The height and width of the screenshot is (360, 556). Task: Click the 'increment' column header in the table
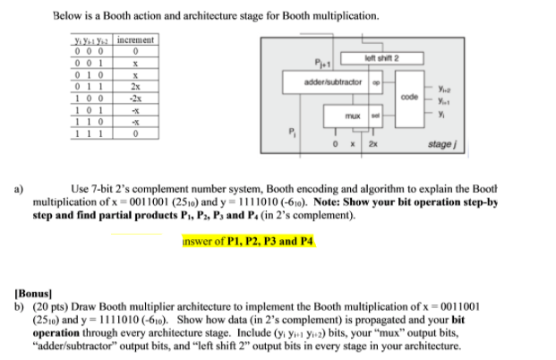coord(136,40)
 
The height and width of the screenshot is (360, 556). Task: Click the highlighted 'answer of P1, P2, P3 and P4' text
coord(247,241)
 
